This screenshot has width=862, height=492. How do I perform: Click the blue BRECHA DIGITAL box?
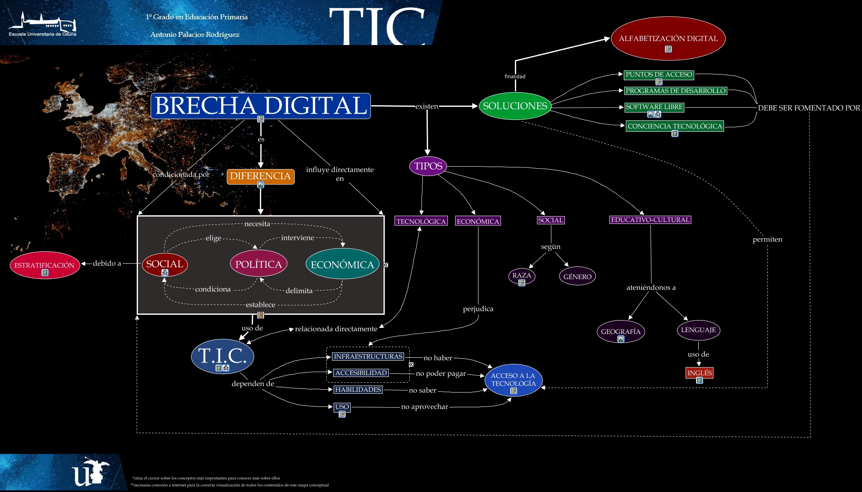[260, 106]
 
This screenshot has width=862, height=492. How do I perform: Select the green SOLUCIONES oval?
[515, 106]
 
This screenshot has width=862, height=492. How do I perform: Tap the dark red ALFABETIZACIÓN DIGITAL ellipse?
[668, 38]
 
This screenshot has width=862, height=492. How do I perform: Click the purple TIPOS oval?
[428, 166]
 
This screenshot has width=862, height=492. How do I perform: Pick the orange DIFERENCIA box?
[260, 176]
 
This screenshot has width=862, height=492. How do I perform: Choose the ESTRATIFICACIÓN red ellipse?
[44, 265]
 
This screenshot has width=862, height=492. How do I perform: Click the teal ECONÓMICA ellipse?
[342, 264]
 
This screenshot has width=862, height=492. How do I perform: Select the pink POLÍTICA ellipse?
[258, 264]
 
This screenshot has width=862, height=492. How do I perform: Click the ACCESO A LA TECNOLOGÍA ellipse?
[513, 379]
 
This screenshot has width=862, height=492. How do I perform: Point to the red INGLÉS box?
[699, 373]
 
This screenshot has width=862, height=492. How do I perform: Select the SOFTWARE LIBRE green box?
[654, 107]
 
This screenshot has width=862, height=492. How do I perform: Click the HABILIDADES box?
[358, 390]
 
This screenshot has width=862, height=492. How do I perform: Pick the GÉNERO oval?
[577, 277]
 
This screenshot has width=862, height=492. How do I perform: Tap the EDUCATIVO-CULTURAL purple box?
[650, 220]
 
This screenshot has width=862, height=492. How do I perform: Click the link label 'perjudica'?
[478, 309]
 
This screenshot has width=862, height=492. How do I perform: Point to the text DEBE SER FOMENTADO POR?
[809, 108]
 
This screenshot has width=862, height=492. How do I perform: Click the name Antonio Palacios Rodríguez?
[194, 34]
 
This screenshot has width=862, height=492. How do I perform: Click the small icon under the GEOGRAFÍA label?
[621, 339]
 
